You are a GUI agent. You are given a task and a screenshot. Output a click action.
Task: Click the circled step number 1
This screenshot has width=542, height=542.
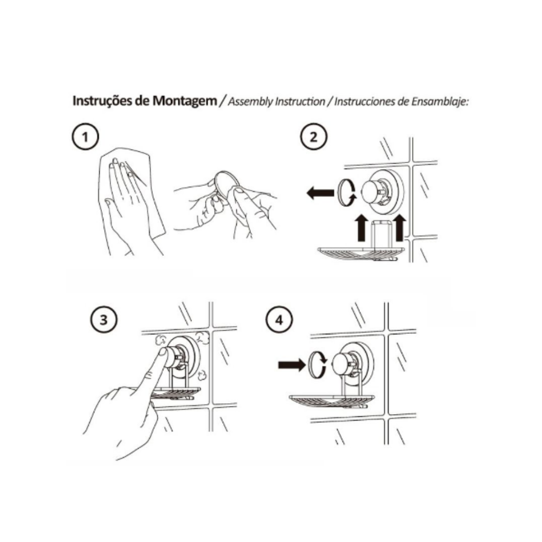click(x=85, y=137)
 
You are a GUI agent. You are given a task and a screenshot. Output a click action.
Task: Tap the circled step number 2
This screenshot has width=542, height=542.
click(x=313, y=137)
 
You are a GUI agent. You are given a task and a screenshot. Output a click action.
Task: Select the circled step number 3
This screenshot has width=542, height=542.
click(x=104, y=319)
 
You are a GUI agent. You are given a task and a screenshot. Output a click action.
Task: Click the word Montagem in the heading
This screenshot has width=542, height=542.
click(x=185, y=101)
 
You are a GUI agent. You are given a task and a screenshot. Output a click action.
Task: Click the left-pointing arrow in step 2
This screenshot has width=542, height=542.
click(x=320, y=192)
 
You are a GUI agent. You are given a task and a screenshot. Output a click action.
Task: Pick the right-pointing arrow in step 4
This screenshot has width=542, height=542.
click(x=292, y=364)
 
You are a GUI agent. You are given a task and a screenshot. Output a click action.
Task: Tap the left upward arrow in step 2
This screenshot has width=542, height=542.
click(x=361, y=228)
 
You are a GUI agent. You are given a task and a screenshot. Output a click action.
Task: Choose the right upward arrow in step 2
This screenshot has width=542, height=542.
click(x=399, y=228)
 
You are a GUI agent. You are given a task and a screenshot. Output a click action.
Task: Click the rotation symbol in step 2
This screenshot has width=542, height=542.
click(x=347, y=192)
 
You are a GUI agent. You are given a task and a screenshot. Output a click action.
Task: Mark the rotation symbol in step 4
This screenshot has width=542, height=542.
click(x=317, y=364)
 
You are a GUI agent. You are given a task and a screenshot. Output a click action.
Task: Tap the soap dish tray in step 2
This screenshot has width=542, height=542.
click(x=361, y=254)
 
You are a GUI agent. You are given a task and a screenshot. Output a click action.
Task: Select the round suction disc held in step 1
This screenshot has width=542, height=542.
click(x=225, y=184)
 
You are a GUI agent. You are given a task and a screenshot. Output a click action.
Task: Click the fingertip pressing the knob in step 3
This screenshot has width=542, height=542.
click(x=163, y=353)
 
